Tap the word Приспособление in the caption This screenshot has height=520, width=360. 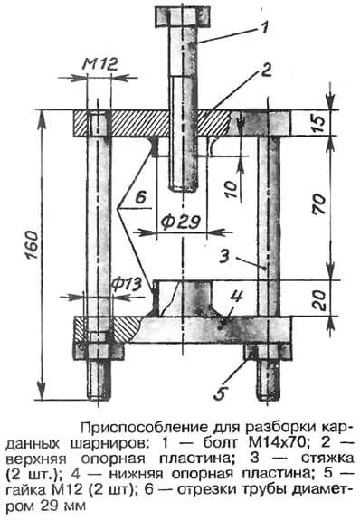coord(136,425)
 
